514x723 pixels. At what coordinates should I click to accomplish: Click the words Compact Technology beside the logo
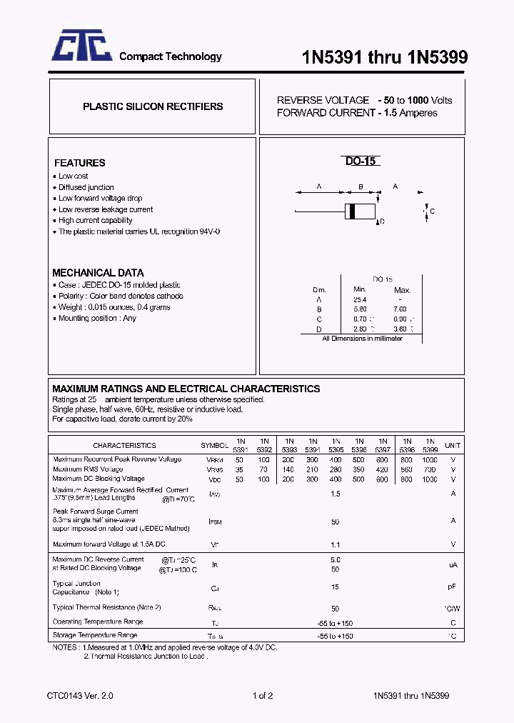170,56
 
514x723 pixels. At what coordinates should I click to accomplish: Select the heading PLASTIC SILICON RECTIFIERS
153,106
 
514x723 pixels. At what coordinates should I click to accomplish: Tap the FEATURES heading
79,163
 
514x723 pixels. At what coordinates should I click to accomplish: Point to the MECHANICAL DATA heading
98,273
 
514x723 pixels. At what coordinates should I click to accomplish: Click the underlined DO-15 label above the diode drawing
361,161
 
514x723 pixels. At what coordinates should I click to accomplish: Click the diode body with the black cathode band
361,211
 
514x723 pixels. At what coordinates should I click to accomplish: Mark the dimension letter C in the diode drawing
432,211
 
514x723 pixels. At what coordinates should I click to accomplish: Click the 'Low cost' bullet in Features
73,176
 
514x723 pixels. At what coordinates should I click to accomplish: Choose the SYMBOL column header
214,445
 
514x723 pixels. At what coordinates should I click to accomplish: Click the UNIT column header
453,445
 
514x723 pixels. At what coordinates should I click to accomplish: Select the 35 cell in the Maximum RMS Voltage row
240,469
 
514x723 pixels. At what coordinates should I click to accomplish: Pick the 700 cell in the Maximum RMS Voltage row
430,469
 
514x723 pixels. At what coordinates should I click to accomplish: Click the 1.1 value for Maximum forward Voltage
335,544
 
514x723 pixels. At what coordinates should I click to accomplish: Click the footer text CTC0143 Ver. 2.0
80,695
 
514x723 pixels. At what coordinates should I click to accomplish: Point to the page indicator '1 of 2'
263,695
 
